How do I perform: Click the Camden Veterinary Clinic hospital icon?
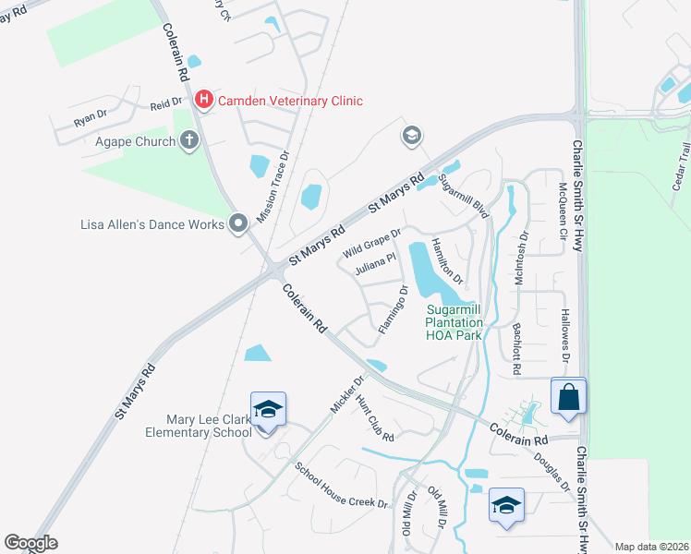[204, 100]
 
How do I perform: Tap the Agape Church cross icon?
[190, 141]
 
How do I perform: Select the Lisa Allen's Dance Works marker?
[238, 223]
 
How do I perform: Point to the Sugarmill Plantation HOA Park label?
[454, 322]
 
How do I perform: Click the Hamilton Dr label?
[447, 259]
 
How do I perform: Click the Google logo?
[30, 542]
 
